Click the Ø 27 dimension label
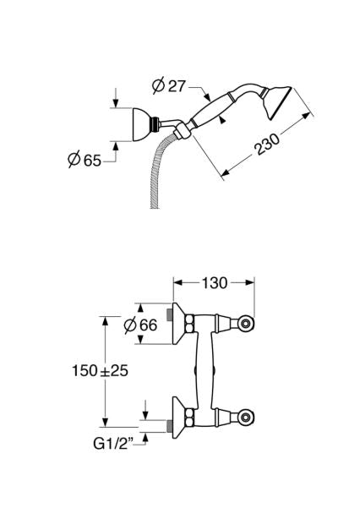169,86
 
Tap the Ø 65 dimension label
85,160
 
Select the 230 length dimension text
267,145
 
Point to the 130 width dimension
215,283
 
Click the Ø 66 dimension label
140,325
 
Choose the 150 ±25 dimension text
100,370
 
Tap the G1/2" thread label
113,444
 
